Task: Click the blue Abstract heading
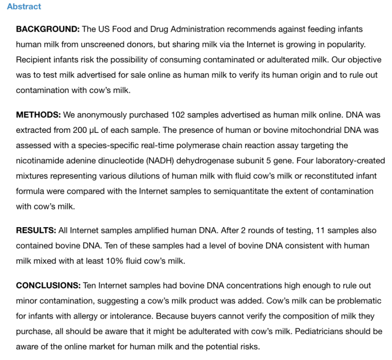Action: click(24, 7)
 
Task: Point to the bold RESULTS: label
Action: click(36, 231)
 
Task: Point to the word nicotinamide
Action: click(38, 161)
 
